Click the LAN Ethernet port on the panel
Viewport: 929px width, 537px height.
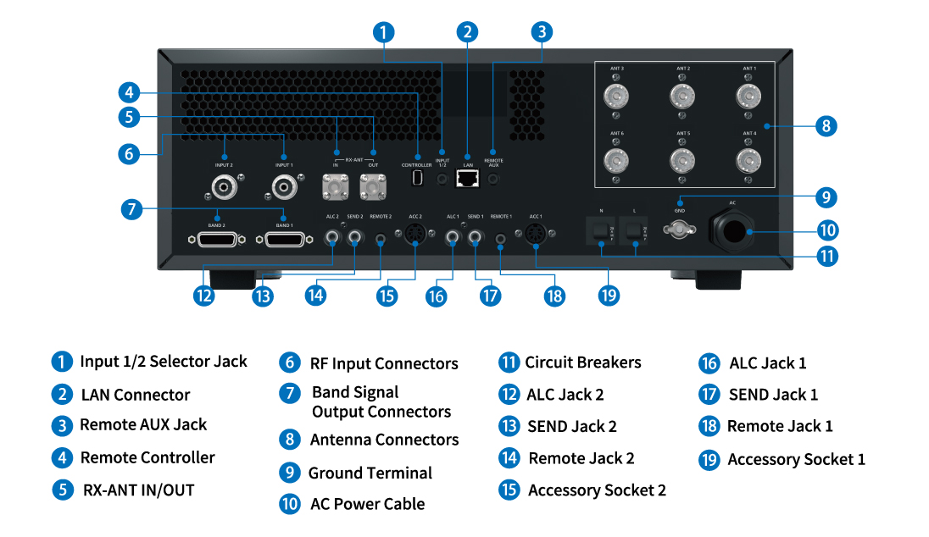click(467, 178)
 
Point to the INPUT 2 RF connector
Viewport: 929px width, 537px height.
click(224, 185)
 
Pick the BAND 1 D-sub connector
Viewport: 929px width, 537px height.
click(284, 241)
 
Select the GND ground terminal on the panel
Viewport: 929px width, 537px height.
click(679, 229)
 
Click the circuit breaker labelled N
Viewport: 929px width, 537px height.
click(601, 230)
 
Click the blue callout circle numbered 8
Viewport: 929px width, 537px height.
click(825, 126)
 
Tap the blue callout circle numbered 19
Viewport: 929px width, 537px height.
click(609, 295)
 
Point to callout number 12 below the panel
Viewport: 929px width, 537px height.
click(203, 295)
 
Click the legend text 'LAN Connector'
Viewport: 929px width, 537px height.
click(136, 395)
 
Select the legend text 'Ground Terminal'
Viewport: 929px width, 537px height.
click(370, 473)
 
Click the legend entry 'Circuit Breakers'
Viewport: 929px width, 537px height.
click(582, 363)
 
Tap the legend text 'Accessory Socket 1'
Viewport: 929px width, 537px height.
click(796, 459)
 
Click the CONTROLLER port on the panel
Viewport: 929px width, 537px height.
click(417, 179)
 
